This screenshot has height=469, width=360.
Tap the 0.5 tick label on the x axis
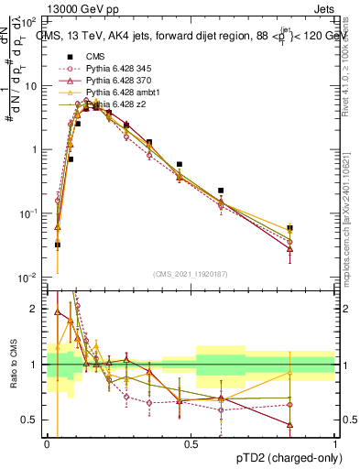191,444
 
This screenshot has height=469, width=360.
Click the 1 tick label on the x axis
335,444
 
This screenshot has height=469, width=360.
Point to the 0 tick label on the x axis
48,444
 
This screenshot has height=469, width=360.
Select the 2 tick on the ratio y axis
36,309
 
